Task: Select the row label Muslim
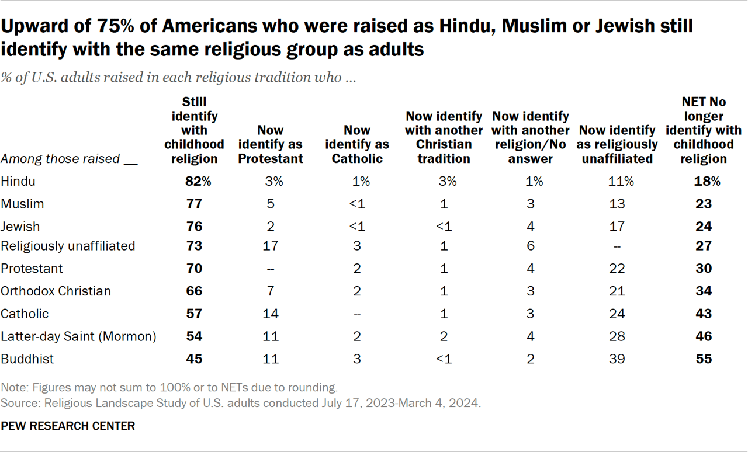(22, 204)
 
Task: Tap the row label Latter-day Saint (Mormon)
(78, 336)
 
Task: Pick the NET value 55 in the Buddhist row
(704, 359)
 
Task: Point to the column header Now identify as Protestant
(271, 144)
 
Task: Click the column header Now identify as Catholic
(357, 144)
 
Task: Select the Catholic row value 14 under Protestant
(271, 314)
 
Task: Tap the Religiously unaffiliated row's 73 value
(194, 246)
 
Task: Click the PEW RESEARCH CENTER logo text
(68, 426)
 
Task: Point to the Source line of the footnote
(241, 404)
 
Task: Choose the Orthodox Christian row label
(56, 291)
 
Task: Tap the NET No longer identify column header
(704, 130)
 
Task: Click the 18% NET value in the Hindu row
(704, 182)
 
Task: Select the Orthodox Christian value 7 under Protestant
(271, 291)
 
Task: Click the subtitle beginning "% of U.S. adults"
(178, 78)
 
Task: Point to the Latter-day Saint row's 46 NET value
(704, 336)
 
